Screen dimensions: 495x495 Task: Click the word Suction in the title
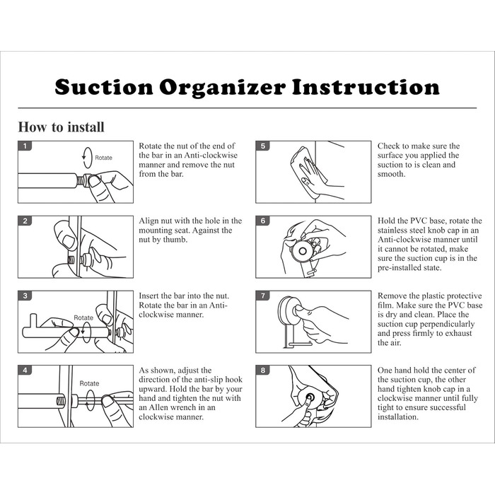104,87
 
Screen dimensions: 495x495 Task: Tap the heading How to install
61,127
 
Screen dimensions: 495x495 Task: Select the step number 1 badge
25,146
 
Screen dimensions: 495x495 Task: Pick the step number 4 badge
25,370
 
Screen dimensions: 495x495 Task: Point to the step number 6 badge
263,221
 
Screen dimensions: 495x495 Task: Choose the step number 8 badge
263,370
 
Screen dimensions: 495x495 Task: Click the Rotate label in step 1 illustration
103,158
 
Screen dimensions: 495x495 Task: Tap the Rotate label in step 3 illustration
83,318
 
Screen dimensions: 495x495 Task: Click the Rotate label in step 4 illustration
89,383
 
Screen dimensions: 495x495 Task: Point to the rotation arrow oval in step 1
83,158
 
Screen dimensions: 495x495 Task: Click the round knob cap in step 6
303,251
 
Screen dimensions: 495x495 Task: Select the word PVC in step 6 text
419,221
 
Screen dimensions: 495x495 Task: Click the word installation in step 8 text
397,417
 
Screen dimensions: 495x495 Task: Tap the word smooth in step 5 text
391,174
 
